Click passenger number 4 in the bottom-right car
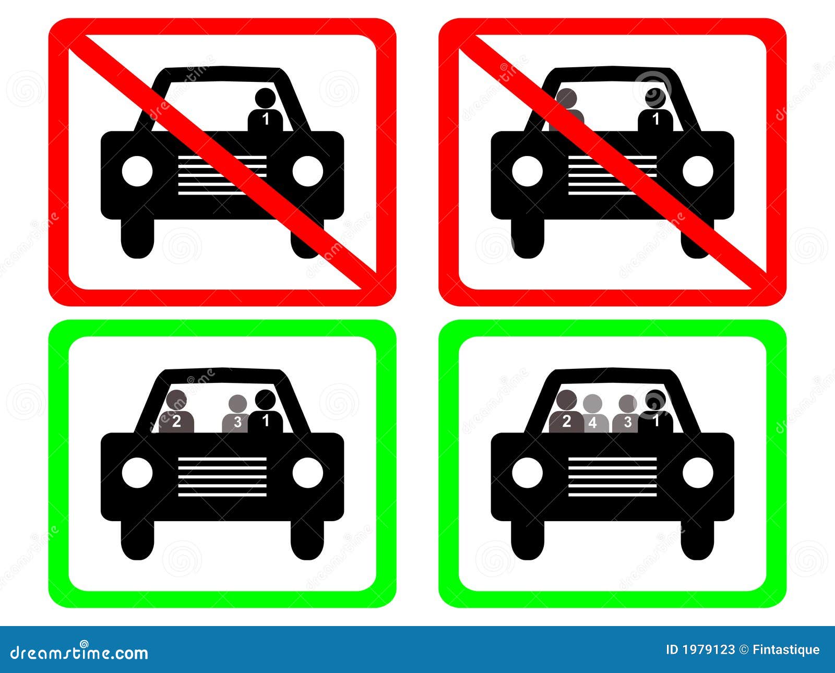(592, 415)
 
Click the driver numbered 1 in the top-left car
(265, 111)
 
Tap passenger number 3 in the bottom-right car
(627, 415)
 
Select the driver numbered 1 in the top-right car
(655, 111)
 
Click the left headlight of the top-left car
(137, 171)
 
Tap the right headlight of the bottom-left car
(307, 473)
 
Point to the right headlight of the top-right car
(698, 171)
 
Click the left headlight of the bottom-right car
(528, 473)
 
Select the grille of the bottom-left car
(222, 476)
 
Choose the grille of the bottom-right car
(612, 476)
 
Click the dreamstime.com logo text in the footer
(79, 652)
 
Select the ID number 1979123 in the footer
(709, 650)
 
